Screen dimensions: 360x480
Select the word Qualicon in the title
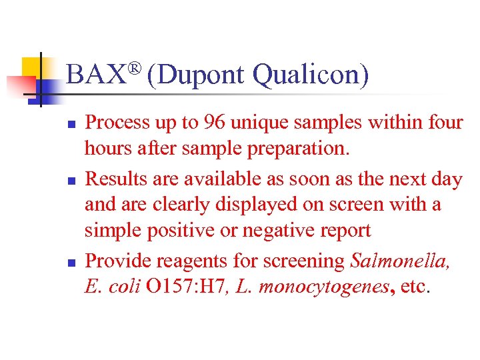[x=310, y=75]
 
